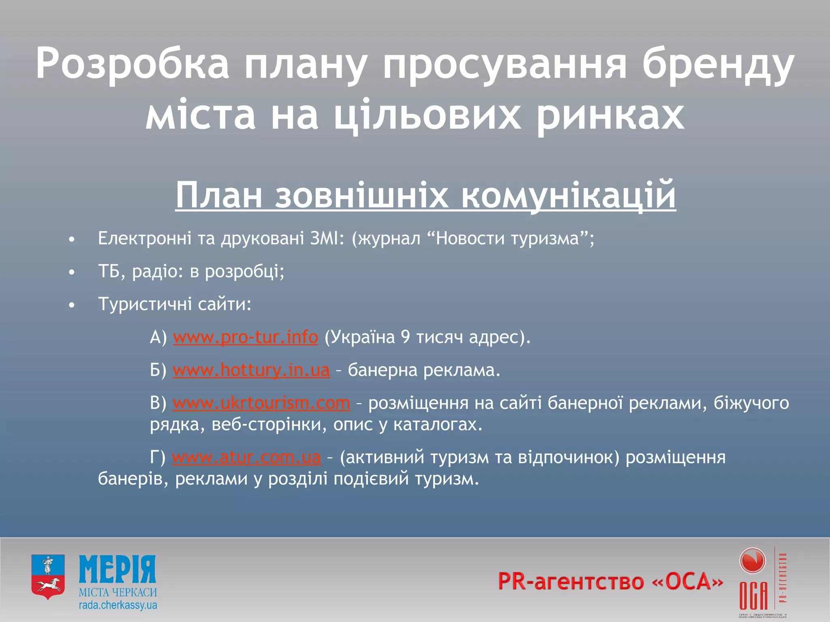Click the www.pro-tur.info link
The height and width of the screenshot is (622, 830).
pos(245,337)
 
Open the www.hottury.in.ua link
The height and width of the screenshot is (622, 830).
pos(251,370)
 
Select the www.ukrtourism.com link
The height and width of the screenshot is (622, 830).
pos(261,403)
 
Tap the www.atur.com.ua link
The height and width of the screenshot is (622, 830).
pos(246,457)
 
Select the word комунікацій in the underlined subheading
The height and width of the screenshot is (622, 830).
pos(568,195)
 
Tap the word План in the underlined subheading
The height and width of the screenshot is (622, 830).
pos(219,195)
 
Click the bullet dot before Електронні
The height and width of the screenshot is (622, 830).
pos(72,240)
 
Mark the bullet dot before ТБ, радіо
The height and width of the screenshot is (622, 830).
pos(72,273)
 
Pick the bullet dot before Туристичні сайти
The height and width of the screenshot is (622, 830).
pos(72,305)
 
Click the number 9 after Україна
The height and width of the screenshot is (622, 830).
pos(405,337)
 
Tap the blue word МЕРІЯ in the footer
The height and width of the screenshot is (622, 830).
pos(118,569)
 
